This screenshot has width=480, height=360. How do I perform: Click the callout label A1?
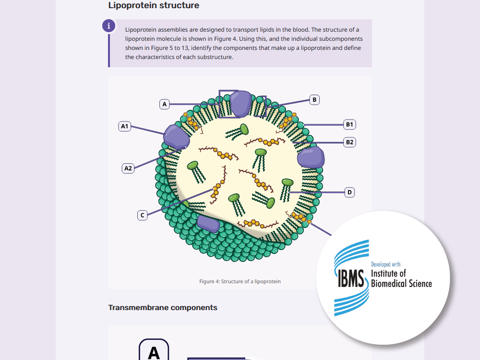click(x=125, y=126)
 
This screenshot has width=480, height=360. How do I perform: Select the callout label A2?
click(x=128, y=168)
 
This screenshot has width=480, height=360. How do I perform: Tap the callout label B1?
click(x=349, y=125)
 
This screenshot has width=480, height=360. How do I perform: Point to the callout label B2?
click(x=349, y=143)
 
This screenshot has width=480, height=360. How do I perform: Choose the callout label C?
click(x=143, y=215)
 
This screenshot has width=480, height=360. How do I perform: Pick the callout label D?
click(x=349, y=192)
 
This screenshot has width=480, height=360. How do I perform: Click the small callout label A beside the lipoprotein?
click(x=164, y=104)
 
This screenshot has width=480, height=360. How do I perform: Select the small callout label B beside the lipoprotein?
click(x=314, y=100)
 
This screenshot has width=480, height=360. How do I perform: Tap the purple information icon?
click(x=108, y=26)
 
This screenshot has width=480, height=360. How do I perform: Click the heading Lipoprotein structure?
click(x=154, y=5)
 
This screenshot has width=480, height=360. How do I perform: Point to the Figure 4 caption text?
click(x=240, y=281)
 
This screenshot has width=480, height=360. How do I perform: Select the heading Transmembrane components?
click(x=163, y=308)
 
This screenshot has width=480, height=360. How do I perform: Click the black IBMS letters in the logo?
click(x=351, y=278)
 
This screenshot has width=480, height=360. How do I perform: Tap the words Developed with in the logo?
click(x=386, y=264)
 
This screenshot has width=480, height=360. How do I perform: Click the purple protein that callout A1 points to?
click(x=176, y=137)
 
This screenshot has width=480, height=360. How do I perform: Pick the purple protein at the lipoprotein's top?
click(x=241, y=104)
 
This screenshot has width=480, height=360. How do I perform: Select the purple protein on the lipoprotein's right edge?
click(x=311, y=157)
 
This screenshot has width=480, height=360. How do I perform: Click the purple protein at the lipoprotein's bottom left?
click(x=208, y=224)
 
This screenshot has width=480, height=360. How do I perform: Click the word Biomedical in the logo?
click(x=389, y=284)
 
